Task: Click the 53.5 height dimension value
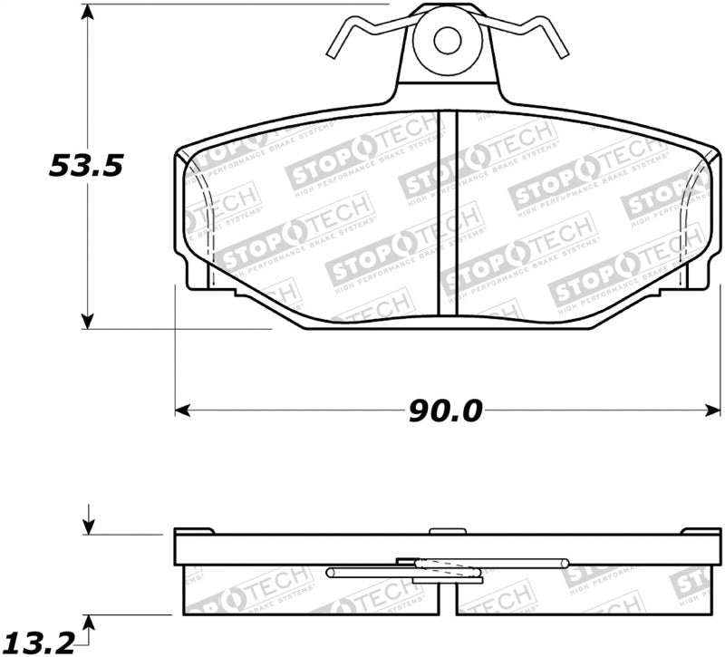point(84,166)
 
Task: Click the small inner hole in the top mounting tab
point(446,40)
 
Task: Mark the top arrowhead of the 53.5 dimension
point(88,12)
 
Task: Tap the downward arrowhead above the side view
point(88,527)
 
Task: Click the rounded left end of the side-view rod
point(330,572)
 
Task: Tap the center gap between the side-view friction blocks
point(448,598)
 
